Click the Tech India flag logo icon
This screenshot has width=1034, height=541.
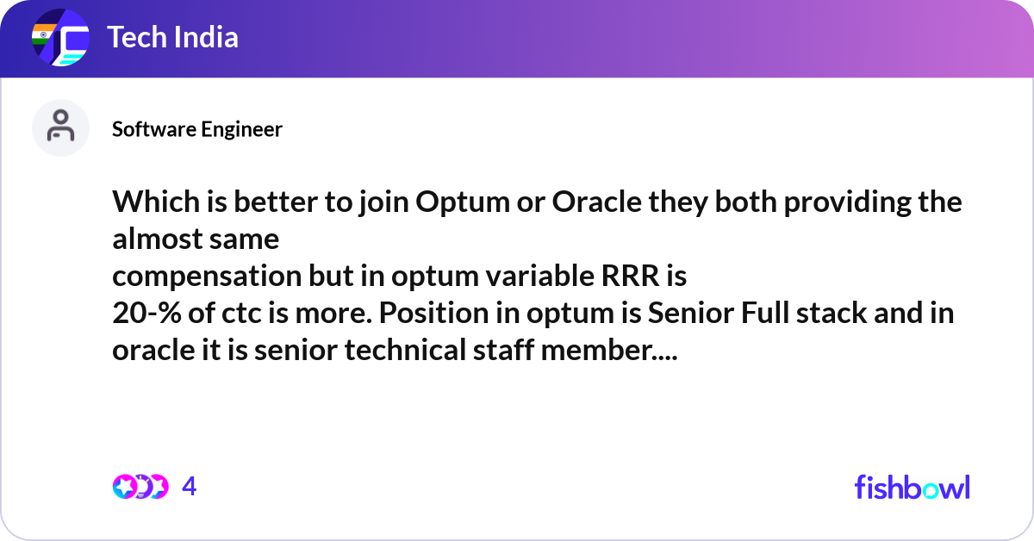[60, 39]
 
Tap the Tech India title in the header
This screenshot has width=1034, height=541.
[172, 38]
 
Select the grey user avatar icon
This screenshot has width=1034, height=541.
[60, 127]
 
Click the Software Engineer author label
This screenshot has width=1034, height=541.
[197, 129]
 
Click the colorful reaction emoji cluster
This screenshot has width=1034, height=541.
[140, 487]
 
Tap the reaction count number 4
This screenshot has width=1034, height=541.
[190, 487]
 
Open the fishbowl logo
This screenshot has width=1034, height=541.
[912, 487]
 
